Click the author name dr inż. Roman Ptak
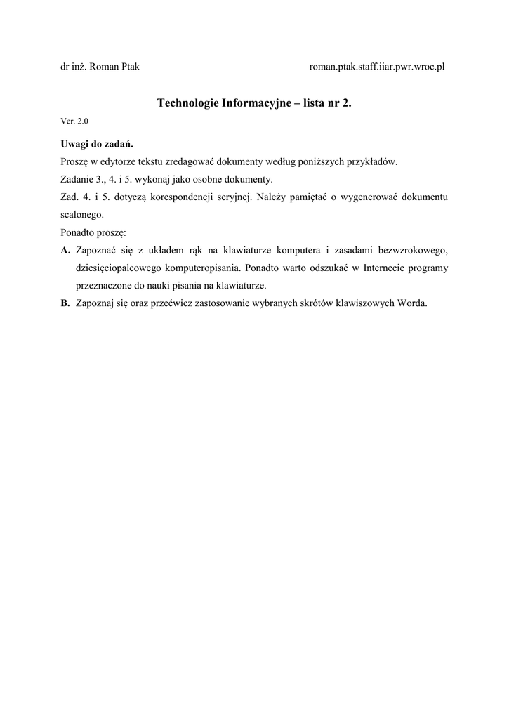click(x=100, y=67)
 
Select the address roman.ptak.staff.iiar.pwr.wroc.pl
click(x=377, y=67)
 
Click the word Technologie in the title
click(x=187, y=103)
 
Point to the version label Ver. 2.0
click(x=74, y=121)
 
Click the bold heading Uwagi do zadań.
click(x=96, y=144)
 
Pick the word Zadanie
click(x=77, y=179)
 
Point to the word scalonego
click(x=82, y=214)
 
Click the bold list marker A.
click(x=65, y=250)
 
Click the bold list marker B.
click(x=65, y=303)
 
